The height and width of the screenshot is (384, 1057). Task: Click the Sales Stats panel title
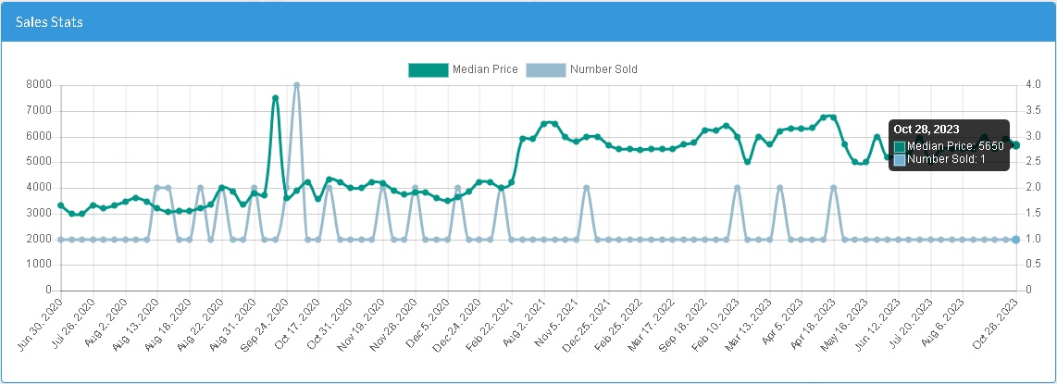49,21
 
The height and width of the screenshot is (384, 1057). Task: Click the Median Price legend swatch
428,69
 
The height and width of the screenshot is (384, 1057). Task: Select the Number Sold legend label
603,69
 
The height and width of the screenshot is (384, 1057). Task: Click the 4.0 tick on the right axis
1031,85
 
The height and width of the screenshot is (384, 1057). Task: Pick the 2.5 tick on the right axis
1031,162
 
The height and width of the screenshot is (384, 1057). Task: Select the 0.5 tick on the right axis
1031,265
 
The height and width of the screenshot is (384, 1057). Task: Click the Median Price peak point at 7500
275,98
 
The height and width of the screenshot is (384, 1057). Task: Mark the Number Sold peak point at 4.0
296,85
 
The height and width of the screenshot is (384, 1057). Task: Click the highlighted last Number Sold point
1015,240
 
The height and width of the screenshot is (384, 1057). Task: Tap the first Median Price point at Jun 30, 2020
60,205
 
